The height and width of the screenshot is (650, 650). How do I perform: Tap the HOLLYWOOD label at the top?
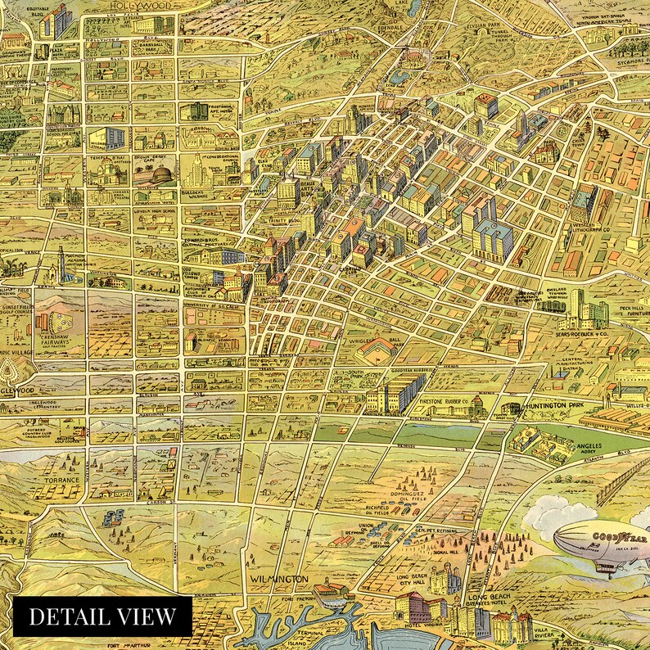[138, 6]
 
